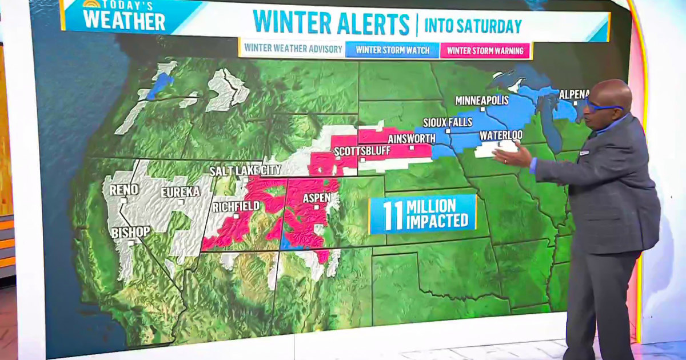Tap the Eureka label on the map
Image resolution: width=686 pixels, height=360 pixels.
click(x=180, y=192)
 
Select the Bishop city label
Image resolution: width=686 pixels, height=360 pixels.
click(x=131, y=232)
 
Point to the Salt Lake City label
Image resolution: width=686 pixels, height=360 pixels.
click(x=245, y=171)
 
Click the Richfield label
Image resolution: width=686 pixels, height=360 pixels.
click(x=236, y=207)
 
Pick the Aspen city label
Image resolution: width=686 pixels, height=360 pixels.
click(x=316, y=198)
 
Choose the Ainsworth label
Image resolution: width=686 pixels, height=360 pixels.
click(x=411, y=139)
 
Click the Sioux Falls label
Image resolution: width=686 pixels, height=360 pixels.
click(x=448, y=122)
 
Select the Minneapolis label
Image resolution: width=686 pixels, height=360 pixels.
click(x=482, y=101)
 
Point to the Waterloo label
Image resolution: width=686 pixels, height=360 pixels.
click(x=501, y=135)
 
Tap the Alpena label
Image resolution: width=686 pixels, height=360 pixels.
click(x=574, y=94)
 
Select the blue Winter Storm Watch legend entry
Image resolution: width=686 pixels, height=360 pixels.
click(x=392, y=50)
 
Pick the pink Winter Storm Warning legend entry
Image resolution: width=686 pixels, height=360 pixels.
click(x=485, y=50)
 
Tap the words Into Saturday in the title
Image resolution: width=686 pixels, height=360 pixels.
click(x=473, y=26)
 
